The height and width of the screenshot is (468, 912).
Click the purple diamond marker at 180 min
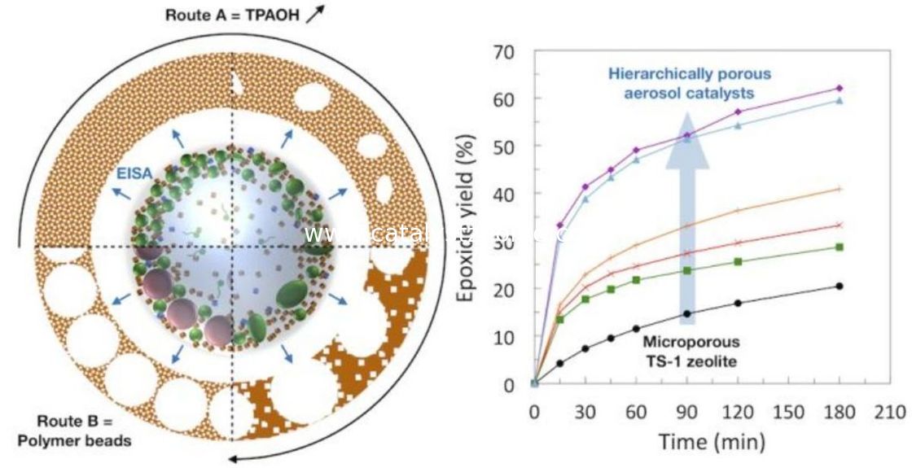point(840,88)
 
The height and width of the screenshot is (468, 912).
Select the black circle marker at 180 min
point(840,286)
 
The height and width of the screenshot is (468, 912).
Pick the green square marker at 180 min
point(840,247)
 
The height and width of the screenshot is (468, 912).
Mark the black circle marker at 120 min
point(738,303)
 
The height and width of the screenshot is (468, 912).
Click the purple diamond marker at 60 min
point(636,150)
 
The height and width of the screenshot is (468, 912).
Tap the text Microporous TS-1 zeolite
point(690,350)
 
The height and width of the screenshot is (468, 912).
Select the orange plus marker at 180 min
point(840,189)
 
